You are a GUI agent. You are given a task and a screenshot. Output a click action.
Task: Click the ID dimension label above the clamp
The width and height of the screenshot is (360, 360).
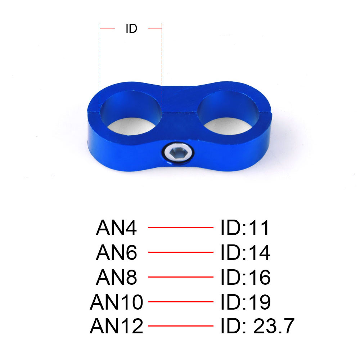pyautogui.click(x=131, y=28)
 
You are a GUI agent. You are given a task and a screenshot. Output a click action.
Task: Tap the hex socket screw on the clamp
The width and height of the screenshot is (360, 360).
pyautogui.click(x=178, y=152)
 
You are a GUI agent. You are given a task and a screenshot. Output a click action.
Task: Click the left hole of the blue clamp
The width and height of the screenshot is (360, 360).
pyautogui.click(x=131, y=113)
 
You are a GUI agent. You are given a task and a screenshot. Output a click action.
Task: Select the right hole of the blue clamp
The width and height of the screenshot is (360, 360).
pyautogui.click(x=228, y=113)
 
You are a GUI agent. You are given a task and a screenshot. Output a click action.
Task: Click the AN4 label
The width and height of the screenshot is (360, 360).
pyautogui.click(x=116, y=228)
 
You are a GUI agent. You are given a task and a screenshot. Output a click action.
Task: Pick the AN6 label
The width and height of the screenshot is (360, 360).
pyautogui.click(x=116, y=252)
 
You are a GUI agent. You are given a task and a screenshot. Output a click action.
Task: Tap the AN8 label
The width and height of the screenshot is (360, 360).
pyautogui.click(x=116, y=277)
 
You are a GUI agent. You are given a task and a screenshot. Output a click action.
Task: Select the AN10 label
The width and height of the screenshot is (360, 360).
pyautogui.click(x=116, y=302)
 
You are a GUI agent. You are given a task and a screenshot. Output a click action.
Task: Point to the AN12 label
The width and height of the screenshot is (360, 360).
pyautogui.click(x=116, y=326)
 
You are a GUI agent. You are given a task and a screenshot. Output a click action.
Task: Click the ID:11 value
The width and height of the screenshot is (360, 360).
pyautogui.click(x=245, y=228)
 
